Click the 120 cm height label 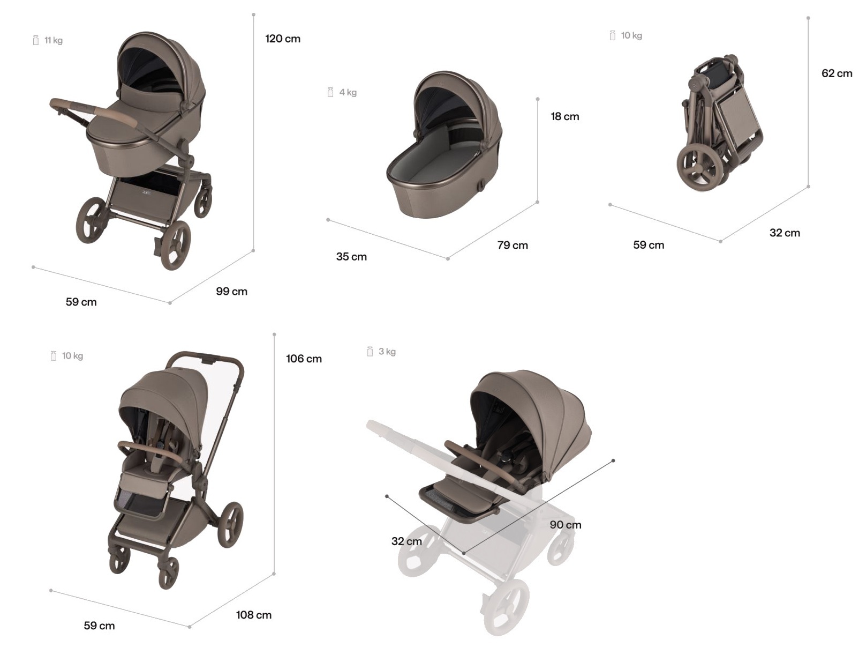[283, 39]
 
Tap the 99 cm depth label [231, 292]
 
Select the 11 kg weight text [53, 40]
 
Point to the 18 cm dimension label [564, 116]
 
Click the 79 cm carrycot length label [513, 245]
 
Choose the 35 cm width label [351, 257]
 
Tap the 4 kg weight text [348, 92]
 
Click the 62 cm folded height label [837, 73]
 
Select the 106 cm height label [304, 359]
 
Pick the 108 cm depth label [254, 615]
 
